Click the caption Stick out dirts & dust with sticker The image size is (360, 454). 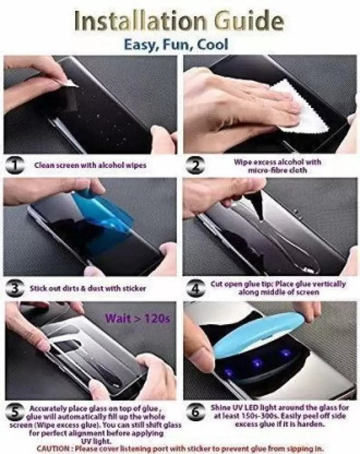click(x=88, y=289)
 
